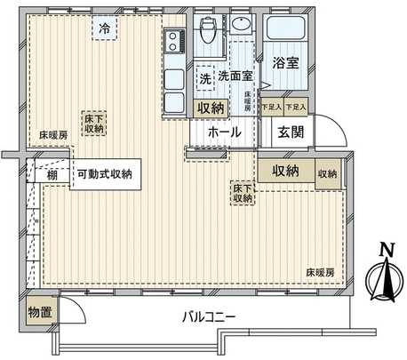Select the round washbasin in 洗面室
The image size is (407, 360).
coord(242,24)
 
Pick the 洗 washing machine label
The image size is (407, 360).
coord(204,78)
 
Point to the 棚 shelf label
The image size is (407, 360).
coord(53,174)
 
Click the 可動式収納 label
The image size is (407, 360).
coord(103,174)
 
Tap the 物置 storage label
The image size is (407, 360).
coord(39,314)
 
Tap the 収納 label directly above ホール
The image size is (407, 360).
coord(211,108)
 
